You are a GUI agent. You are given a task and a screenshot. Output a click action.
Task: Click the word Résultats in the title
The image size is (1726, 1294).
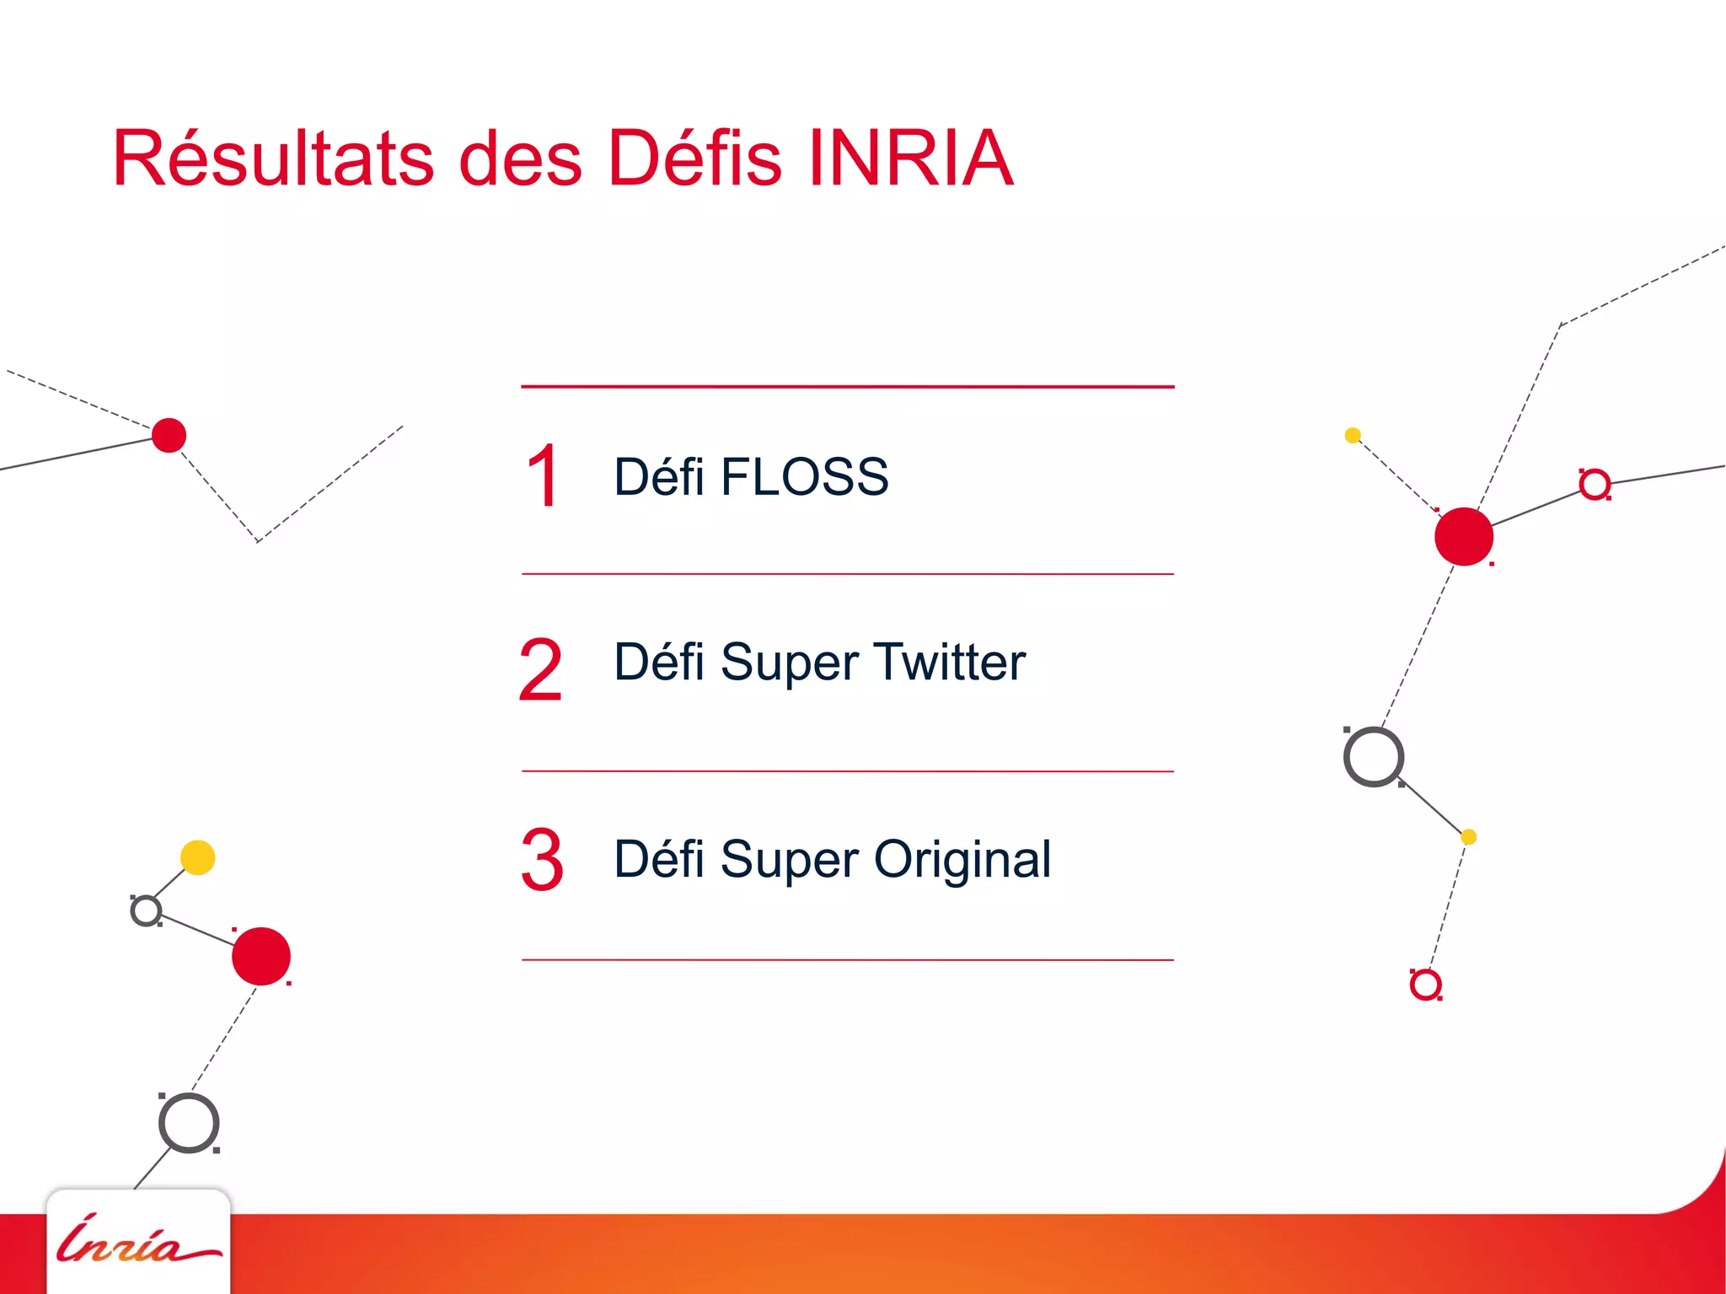coord(273,158)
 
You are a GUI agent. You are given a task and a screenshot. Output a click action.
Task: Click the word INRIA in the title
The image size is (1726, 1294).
coord(910,158)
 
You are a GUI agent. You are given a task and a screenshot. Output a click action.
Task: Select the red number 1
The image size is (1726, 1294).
coord(543,477)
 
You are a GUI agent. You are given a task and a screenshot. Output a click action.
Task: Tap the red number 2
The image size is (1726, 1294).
coord(541,670)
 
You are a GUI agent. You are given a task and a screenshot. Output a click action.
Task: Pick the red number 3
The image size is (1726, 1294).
coord(542,860)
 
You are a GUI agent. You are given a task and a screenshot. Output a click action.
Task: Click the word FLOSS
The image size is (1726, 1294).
coord(804,477)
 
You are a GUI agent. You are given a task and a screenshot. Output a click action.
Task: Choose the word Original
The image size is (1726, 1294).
coord(962,860)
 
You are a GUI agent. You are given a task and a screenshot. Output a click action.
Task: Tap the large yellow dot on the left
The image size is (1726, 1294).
coord(198,857)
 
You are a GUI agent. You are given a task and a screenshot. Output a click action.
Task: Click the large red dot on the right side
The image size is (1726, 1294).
coord(1464,536)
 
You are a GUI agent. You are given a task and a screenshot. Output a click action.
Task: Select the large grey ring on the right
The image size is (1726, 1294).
coord(1374,757)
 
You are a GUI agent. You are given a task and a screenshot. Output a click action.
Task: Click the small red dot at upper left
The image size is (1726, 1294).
coord(169,435)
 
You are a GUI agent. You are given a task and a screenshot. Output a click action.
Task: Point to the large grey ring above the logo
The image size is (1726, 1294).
coord(189,1124)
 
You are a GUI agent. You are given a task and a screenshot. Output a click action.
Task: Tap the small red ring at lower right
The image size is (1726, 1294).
coord(1425,984)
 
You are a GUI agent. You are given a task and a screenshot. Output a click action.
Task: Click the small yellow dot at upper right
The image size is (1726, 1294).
coord(1353,435)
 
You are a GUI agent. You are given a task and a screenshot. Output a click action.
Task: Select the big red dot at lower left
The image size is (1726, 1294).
coord(261,956)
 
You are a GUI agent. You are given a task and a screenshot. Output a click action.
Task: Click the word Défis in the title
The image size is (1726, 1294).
coord(694,158)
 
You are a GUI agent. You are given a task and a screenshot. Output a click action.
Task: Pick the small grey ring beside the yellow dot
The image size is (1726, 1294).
coord(147,910)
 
